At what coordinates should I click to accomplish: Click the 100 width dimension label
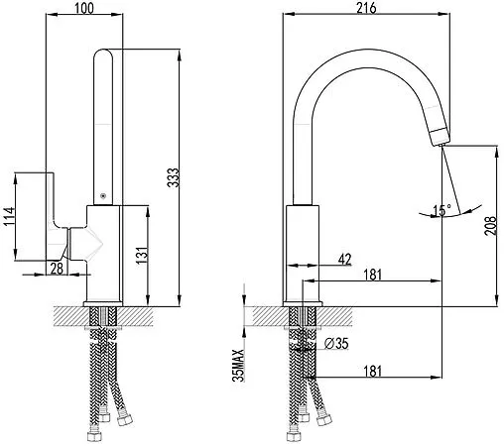click(x=84, y=8)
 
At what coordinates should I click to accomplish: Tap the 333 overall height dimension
click(x=173, y=177)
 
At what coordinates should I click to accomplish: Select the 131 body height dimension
click(x=142, y=255)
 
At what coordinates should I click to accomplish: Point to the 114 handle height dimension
click(x=9, y=216)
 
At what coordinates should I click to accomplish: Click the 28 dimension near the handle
click(x=57, y=269)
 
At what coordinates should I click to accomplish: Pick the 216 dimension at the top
click(x=366, y=8)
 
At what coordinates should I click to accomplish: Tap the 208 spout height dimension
click(x=490, y=225)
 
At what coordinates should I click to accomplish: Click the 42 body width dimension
click(x=344, y=260)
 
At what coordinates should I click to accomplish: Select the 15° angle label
click(x=441, y=210)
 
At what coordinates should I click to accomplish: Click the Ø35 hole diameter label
click(x=336, y=344)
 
